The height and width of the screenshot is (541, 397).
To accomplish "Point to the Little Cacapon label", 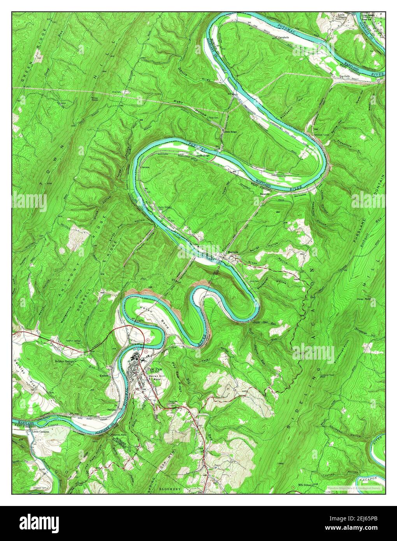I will click(x=42, y=432).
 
